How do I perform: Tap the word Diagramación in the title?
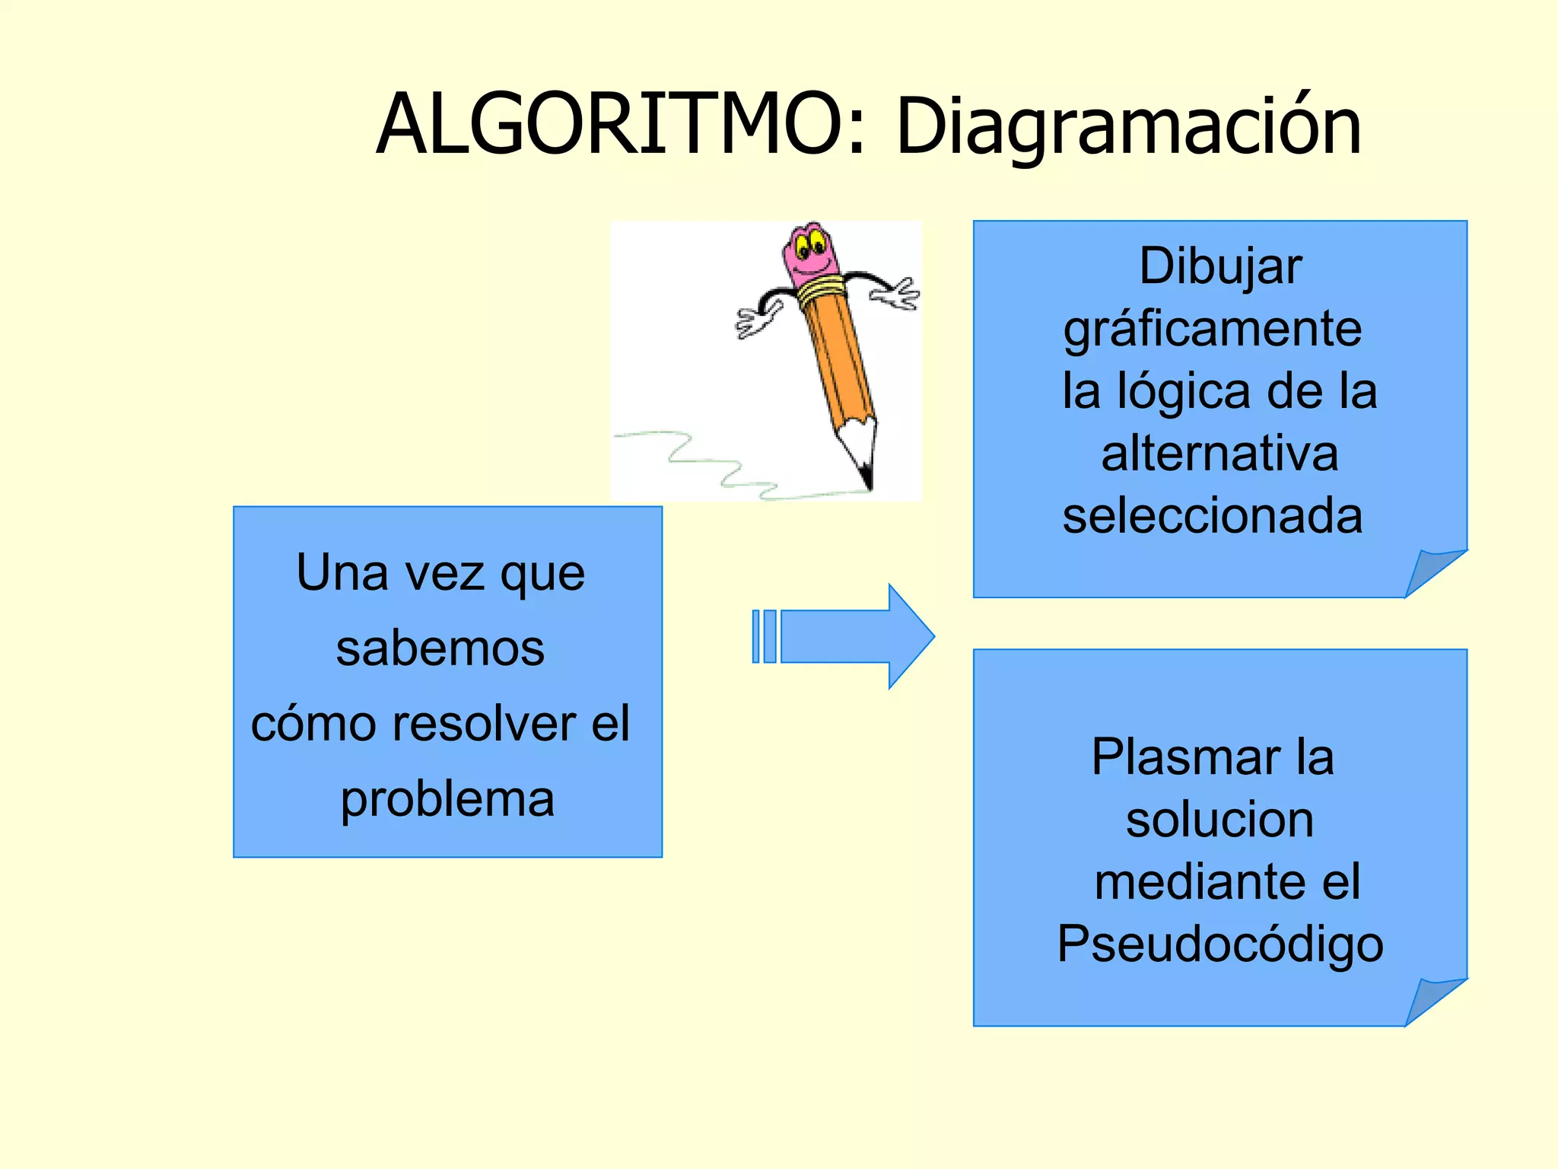[1129, 128]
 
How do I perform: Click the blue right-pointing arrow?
[844, 636]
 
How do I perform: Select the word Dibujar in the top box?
[1220, 266]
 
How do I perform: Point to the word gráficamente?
[1213, 330]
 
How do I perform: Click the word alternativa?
[1219, 454]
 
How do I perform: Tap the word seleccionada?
[1213, 516]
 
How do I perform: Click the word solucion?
[1219, 820]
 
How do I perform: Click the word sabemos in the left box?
[440, 648]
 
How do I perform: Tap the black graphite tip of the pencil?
[866, 477]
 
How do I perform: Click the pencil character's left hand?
[757, 320]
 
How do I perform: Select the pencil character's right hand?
[900, 295]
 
